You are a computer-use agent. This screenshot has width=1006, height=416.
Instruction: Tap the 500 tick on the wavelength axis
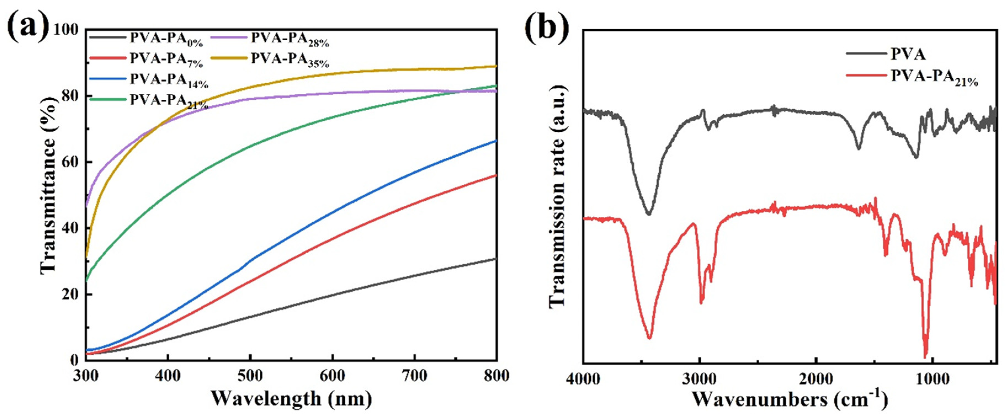click(250, 376)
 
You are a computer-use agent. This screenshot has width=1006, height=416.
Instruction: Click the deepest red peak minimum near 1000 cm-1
click(925, 356)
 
